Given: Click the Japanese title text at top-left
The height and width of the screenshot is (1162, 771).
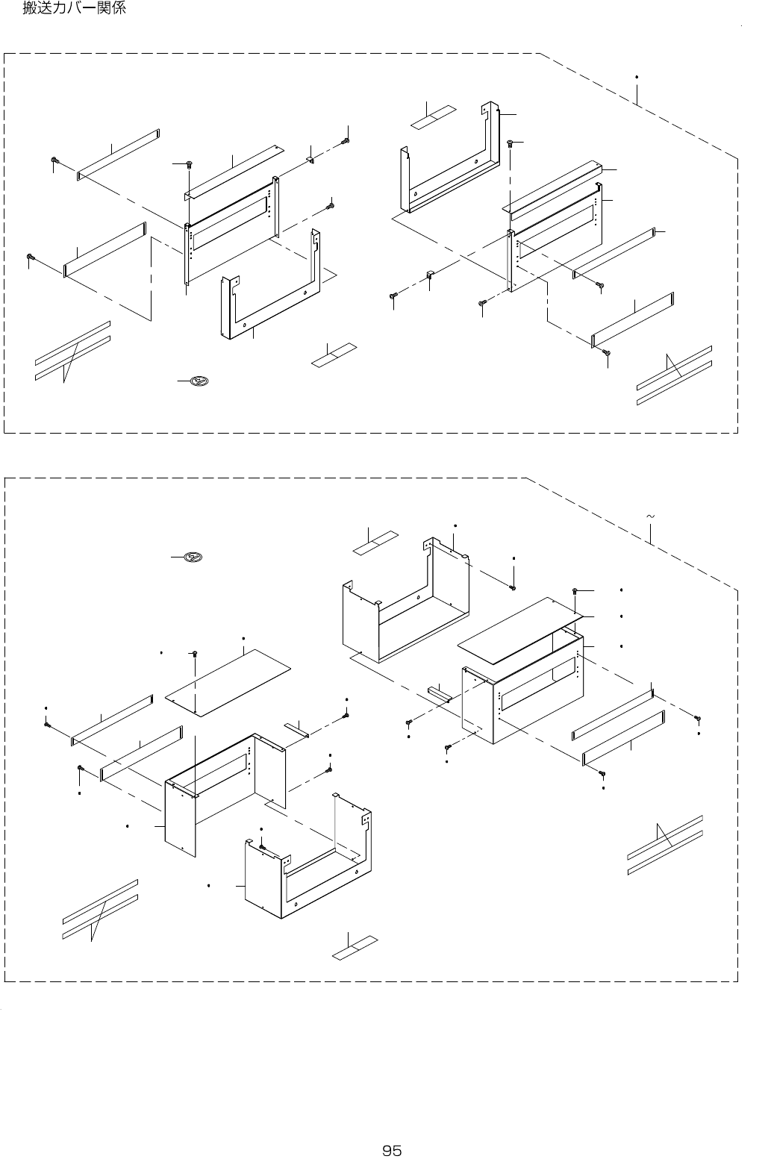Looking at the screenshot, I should click(x=74, y=10).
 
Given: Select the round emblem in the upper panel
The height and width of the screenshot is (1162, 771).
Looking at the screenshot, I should click(x=199, y=381).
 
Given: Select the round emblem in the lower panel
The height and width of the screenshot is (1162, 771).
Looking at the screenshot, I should click(x=193, y=557).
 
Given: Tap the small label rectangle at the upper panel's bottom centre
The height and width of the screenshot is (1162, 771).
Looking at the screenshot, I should click(x=334, y=355).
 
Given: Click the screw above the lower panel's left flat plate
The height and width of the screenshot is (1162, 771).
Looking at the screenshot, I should click(x=194, y=654).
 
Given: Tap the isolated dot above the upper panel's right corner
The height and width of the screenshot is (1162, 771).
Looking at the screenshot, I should click(x=637, y=76).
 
